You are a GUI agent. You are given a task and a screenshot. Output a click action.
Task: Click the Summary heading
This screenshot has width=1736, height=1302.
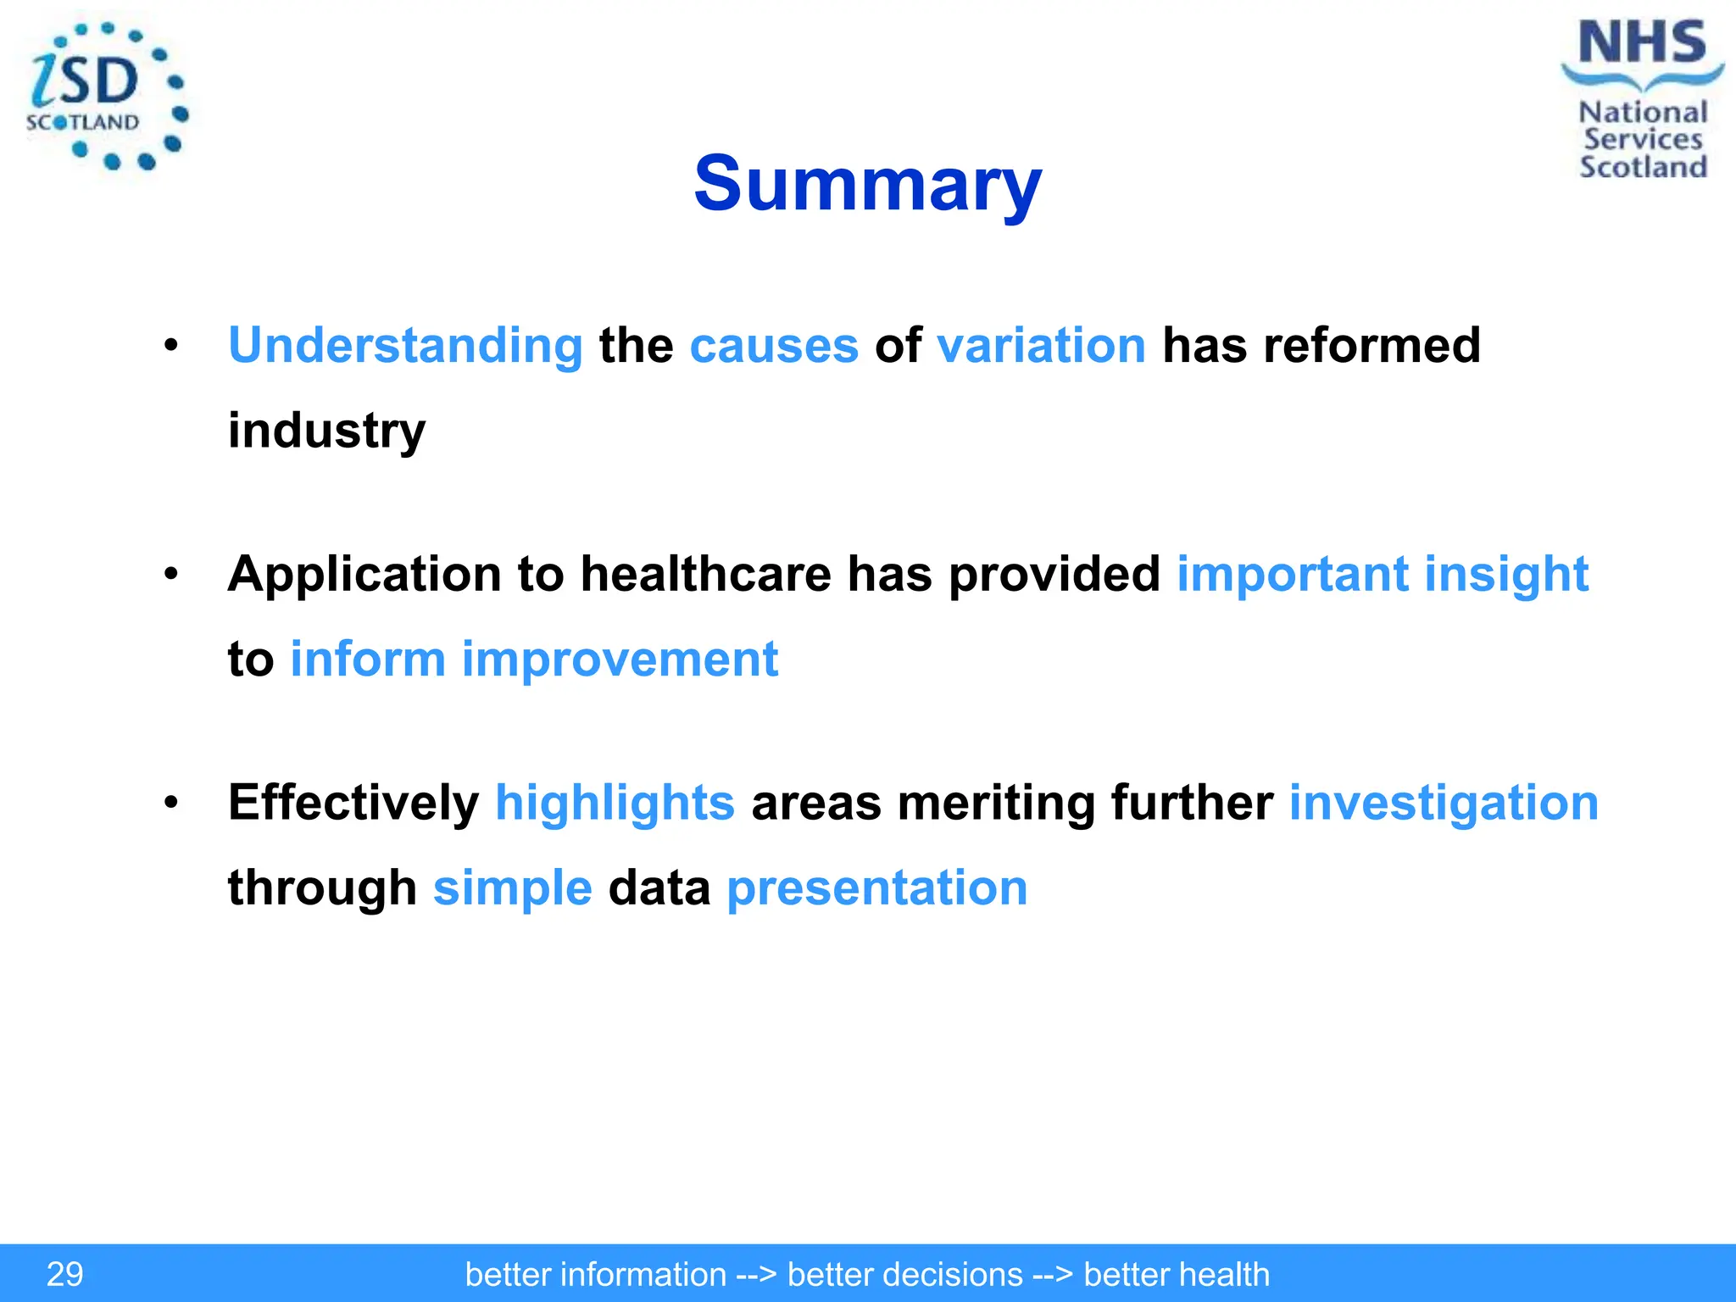click(x=867, y=184)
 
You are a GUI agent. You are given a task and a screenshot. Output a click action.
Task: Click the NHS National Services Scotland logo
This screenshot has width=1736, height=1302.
click(x=1642, y=100)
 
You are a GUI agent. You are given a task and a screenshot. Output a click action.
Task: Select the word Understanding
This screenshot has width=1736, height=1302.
click(x=405, y=347)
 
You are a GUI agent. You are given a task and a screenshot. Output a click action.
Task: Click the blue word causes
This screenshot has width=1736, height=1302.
click(x=774, y=347)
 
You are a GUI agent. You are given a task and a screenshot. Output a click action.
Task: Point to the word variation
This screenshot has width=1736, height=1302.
click(x=1041, y=347)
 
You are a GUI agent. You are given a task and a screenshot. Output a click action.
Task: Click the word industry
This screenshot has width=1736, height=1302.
click(x=326, y=431)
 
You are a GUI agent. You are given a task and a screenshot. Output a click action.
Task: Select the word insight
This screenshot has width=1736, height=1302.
click(x=1505, y=574)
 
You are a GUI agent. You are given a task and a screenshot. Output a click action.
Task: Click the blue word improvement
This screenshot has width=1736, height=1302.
click(x=619, y=659)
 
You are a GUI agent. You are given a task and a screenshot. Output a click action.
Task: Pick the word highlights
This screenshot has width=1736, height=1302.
click(x=615, y=803)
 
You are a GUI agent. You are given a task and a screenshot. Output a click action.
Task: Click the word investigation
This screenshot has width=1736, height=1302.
click(x=1443, y=803)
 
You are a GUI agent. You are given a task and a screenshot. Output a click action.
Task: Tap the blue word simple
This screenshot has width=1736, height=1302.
click(x=512, y=887)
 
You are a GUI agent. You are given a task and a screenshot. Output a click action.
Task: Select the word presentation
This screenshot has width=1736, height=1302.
click(x=876, y=887)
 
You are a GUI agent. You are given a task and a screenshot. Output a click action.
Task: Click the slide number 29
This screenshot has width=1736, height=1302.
click(x=64, y=1274)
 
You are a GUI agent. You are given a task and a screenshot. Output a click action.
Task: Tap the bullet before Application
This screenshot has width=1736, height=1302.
click(x=171, y=574)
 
